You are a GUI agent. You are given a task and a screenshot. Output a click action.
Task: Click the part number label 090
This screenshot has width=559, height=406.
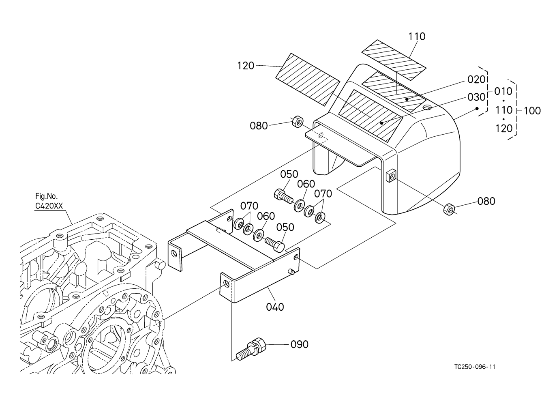tap(300, 345)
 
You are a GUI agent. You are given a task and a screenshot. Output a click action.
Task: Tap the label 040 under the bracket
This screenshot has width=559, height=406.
tap(275, 307)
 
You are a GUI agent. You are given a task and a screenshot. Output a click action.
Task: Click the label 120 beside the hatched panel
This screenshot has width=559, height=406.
tap(246, 66)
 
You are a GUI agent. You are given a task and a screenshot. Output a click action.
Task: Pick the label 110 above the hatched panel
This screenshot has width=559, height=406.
tap(417, 37)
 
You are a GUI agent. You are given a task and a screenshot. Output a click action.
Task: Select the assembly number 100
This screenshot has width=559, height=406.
tap(532, 111)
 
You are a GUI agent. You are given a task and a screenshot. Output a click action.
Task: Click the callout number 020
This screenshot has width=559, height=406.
tap(476, 79)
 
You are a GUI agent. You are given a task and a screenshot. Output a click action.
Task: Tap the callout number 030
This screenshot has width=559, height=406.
tap(476, 97)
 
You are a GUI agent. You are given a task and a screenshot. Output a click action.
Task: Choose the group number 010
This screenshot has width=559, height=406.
tap(503, 92)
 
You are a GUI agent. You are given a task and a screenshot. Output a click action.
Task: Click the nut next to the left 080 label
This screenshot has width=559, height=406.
tap(298, 122)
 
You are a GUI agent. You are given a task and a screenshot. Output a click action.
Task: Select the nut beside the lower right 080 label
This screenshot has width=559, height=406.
tap(449, 209)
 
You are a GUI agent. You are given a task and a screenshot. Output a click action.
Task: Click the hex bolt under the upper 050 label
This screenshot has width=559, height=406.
tap(284, 196)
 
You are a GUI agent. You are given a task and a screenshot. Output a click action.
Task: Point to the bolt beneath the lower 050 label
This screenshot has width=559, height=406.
tap(274, 244)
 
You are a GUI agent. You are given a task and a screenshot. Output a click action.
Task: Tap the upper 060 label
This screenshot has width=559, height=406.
tap(306, 184)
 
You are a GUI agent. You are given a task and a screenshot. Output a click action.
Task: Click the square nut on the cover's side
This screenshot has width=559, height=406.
tap(390, 176)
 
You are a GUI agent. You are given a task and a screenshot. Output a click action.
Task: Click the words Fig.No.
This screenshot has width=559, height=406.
tap(47, 196)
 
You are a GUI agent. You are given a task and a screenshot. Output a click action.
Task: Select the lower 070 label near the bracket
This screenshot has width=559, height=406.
tap(249, 206)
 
